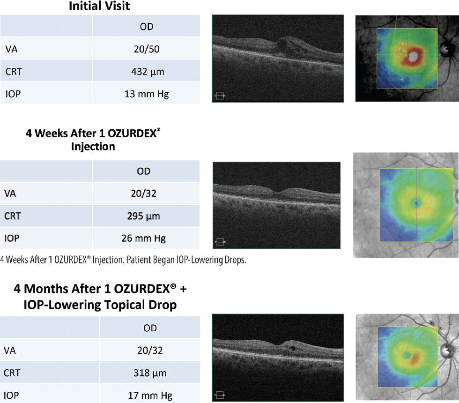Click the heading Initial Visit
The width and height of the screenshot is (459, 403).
[x=99, y=6]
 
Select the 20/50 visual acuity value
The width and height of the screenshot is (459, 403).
[x=147, y=49]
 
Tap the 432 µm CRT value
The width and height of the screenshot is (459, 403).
[x=147, y=72]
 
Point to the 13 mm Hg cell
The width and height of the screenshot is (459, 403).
[x=147, y=94]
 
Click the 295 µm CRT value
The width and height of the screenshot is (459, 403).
[x=144, y=216]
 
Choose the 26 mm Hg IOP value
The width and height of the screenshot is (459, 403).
[x=144, y=238]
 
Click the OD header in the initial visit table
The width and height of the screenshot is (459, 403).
[x=147, y=27]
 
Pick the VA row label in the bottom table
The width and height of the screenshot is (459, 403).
[x=11, y=351]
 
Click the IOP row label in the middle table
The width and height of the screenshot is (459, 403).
[x=12, y=238]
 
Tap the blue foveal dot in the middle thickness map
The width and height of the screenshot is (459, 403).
[x=416, y=203]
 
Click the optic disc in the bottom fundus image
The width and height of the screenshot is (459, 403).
[x=445, y=349]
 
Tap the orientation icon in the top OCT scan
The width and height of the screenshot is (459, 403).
[x=219, y=96]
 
